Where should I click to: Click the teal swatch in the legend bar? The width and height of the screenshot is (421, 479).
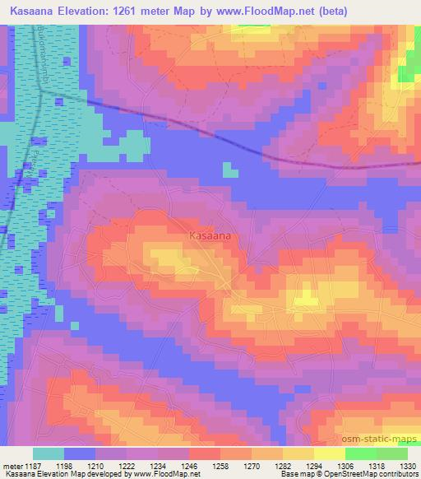49,453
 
